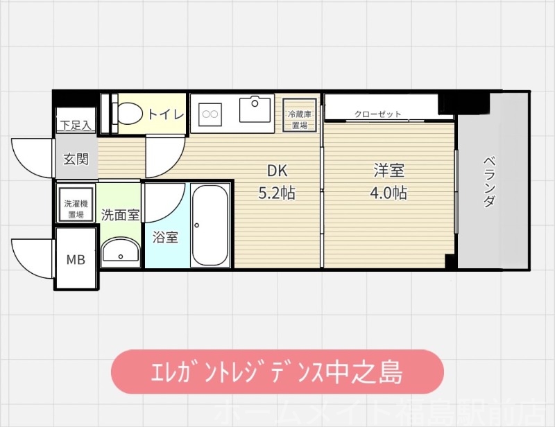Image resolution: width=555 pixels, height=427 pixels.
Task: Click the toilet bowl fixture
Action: tap(128, 113)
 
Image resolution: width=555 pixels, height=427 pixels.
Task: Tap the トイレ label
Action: tap(165, 114)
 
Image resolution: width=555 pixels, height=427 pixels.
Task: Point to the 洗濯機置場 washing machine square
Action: tap(76, 204)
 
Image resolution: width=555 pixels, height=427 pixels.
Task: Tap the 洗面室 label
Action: tap(120, 214)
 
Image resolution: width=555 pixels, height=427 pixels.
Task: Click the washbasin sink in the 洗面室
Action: tap(121, 251)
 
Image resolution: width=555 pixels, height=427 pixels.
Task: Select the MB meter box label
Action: tap(76, 260)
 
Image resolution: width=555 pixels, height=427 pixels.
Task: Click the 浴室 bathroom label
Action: tap(166, 238)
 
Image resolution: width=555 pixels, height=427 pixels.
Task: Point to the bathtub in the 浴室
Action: tap(210, 225)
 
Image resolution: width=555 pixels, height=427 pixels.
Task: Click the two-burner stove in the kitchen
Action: tap(210, 112)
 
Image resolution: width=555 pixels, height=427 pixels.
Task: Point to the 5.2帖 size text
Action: tap(277, 193)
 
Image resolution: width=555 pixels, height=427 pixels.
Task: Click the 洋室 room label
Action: tap(388, 171)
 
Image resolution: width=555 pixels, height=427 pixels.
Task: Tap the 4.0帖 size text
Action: tap(388, 193)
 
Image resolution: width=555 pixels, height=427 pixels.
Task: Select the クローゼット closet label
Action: tap(377, 114)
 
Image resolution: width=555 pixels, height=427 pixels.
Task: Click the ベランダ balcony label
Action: tap(490, 182)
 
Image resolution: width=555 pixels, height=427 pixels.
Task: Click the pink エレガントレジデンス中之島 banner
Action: tap(277, 372)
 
